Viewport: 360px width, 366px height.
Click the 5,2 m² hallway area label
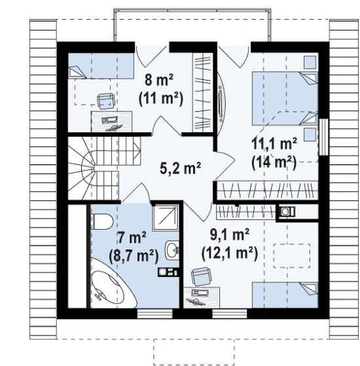point(180,168)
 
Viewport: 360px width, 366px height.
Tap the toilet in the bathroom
point(102,221)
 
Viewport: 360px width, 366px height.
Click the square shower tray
point(166,218)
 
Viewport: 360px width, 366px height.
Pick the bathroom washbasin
point(172,250)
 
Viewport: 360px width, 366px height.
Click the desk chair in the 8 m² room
point(105,101)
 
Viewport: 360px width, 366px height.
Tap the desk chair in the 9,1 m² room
point(201,276)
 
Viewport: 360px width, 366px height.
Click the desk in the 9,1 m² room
point(202,297)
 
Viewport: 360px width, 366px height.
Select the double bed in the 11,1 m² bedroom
point(285,98)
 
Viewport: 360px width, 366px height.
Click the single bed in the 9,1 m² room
point(285,295)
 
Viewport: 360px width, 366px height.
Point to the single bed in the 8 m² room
point(101,66)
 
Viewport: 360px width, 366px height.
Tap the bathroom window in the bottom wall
point(155,314)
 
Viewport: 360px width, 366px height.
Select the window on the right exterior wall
point(323,137)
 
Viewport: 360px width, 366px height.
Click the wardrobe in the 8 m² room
point(202,92)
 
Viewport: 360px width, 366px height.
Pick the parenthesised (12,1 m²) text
point(230,253)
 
